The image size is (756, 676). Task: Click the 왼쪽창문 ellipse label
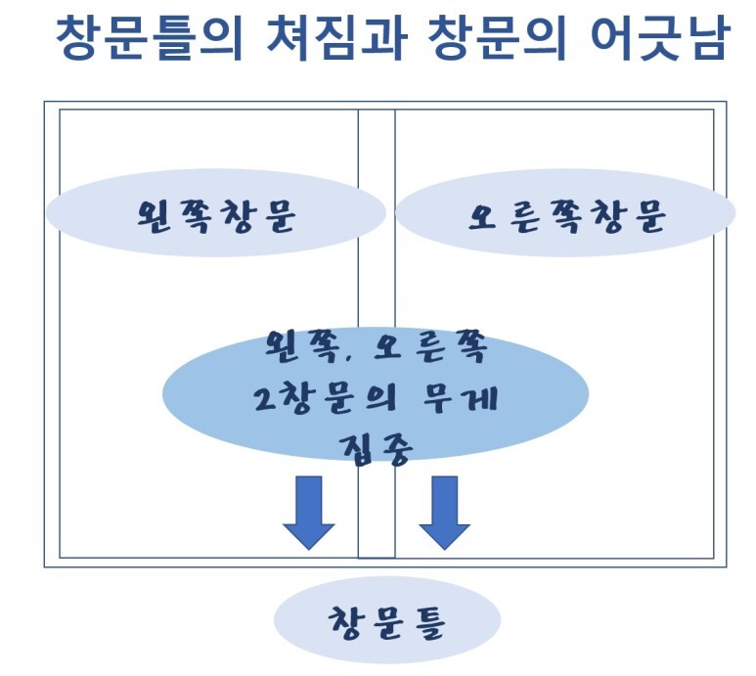[x=216, y=214]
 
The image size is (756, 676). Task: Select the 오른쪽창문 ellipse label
[x=565, y=215]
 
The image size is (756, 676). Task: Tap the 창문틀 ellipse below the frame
[x=386, y=622]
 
